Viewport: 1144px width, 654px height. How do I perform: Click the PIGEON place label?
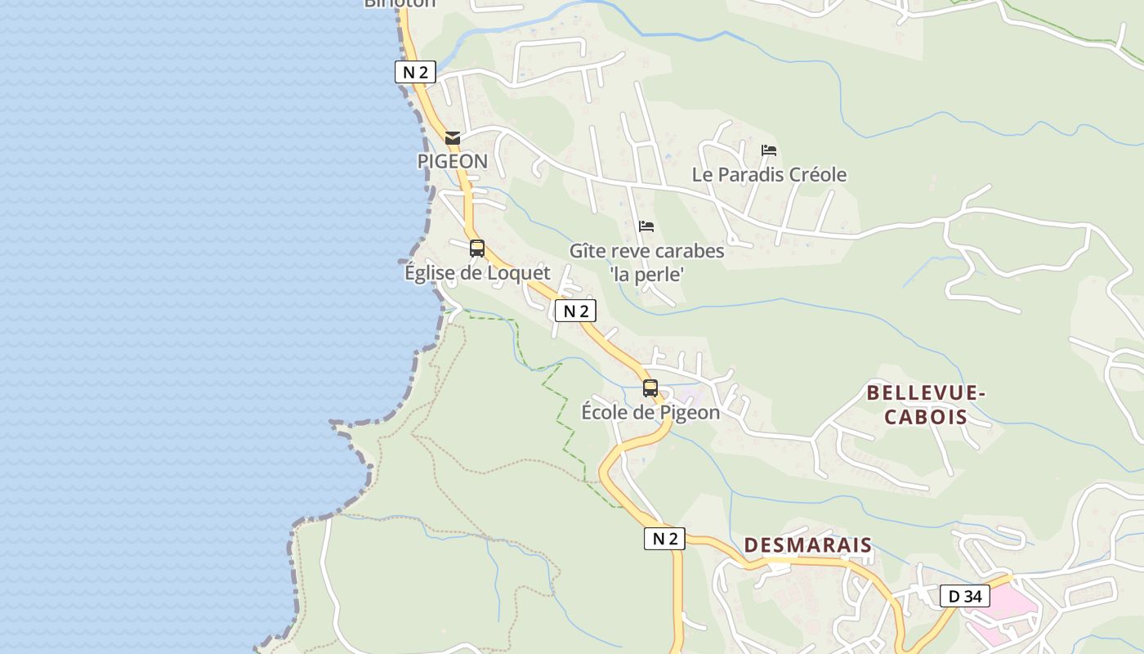click(452, 161)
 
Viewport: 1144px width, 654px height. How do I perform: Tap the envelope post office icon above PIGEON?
click(453, 138)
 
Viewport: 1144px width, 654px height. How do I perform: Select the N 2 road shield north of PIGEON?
click(415, 72)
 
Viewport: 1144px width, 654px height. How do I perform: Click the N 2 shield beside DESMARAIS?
click(664, 538)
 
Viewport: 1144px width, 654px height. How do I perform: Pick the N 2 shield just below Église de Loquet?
click(575, 311)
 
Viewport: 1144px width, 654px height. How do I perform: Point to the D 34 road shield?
click(964, 596)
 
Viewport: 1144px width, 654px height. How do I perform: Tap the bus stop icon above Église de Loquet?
click(477, 248)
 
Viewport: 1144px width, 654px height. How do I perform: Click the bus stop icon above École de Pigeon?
click(650, 388)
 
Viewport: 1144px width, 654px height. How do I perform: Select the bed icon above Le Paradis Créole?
click(768, 150)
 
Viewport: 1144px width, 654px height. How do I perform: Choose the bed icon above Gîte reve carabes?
click(646, 226)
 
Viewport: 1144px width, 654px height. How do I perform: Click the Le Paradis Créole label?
click(769, 174)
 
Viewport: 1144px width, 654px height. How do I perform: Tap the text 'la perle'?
click(646, 275)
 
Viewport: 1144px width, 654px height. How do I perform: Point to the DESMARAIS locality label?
click(807, 545)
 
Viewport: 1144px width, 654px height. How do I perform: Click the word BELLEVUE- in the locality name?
click(926, 393)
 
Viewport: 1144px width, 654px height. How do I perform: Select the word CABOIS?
click(926, 417)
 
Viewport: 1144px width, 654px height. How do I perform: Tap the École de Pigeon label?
click(650, 412)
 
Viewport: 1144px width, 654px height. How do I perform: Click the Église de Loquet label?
click(477, 272)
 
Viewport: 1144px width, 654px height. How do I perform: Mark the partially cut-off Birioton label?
click(400, 3)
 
